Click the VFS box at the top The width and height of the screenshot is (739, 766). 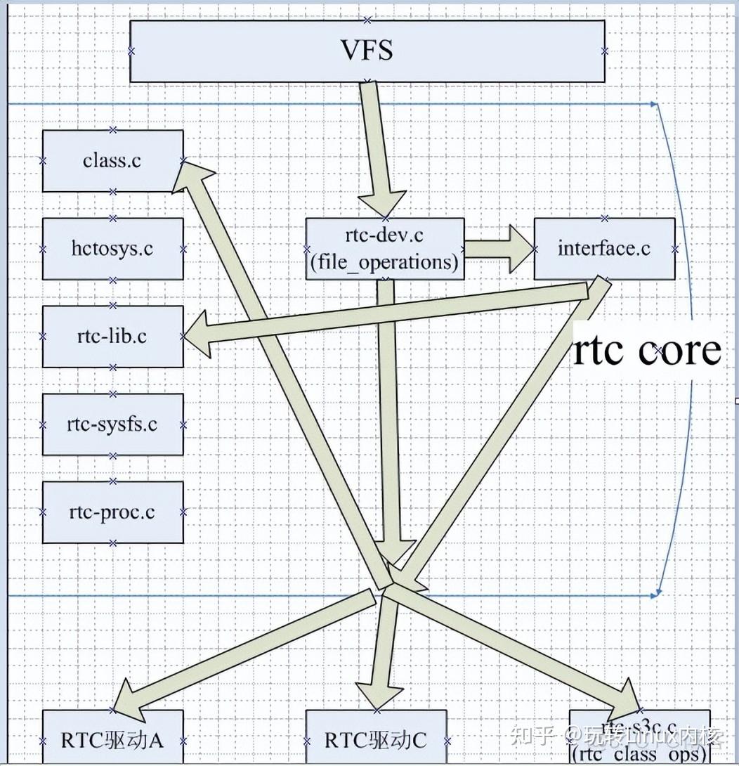click(367, 51)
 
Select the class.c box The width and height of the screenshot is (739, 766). click(112, 160)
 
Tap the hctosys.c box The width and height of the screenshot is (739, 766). click(112, 248)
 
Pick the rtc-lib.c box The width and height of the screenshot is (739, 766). click(112, 336)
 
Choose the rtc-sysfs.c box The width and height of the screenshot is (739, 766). click(112, 424)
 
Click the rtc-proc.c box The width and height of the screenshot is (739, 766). click(112, 512)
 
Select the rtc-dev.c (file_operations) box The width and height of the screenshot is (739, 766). click(384, 248)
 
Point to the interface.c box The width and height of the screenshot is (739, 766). click(604, 248)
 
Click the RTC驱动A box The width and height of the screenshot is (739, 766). click(112, 740)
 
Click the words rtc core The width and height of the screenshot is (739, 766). click(647, 350)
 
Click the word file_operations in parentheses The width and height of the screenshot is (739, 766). click(384, 263)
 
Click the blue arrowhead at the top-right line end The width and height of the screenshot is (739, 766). click(655, 104)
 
